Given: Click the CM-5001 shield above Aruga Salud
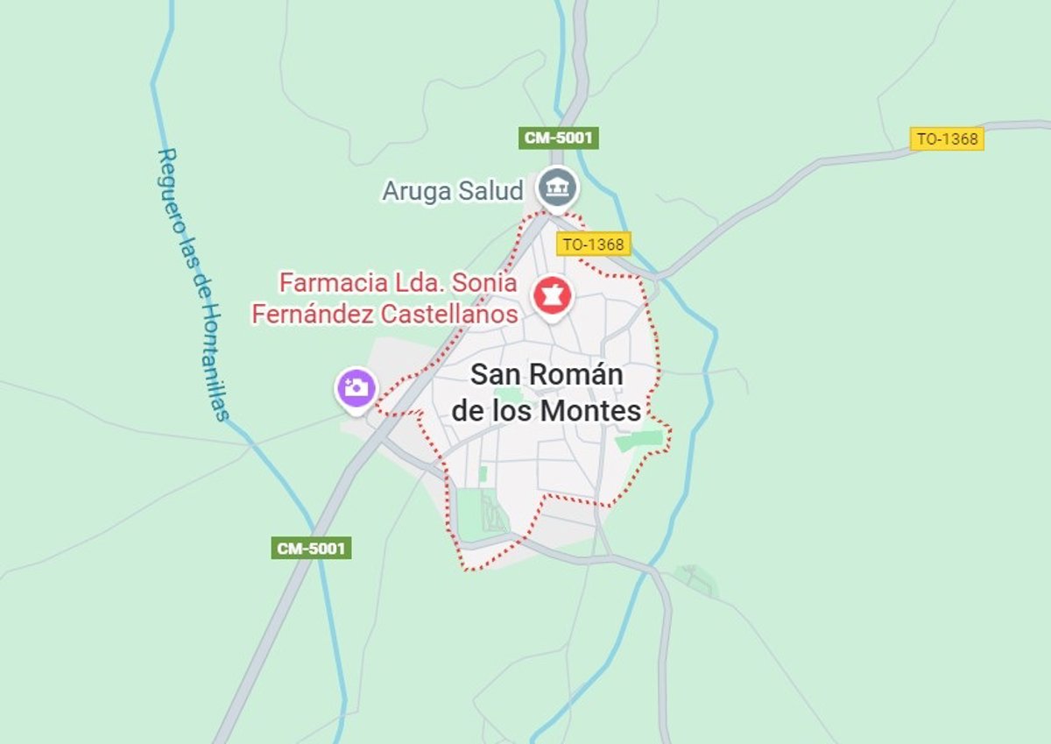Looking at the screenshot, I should click(559, 138).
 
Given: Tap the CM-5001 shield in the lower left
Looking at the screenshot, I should click(311, 549).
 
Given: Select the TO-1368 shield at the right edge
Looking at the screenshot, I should click(947, 138).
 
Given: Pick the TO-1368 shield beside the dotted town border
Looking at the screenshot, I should click(593, 244).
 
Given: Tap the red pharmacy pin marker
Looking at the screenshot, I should click(553, 296).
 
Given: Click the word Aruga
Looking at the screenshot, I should click(416, 190).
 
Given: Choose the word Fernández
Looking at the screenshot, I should click(316, 313).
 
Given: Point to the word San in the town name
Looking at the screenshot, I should click(493, 374).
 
